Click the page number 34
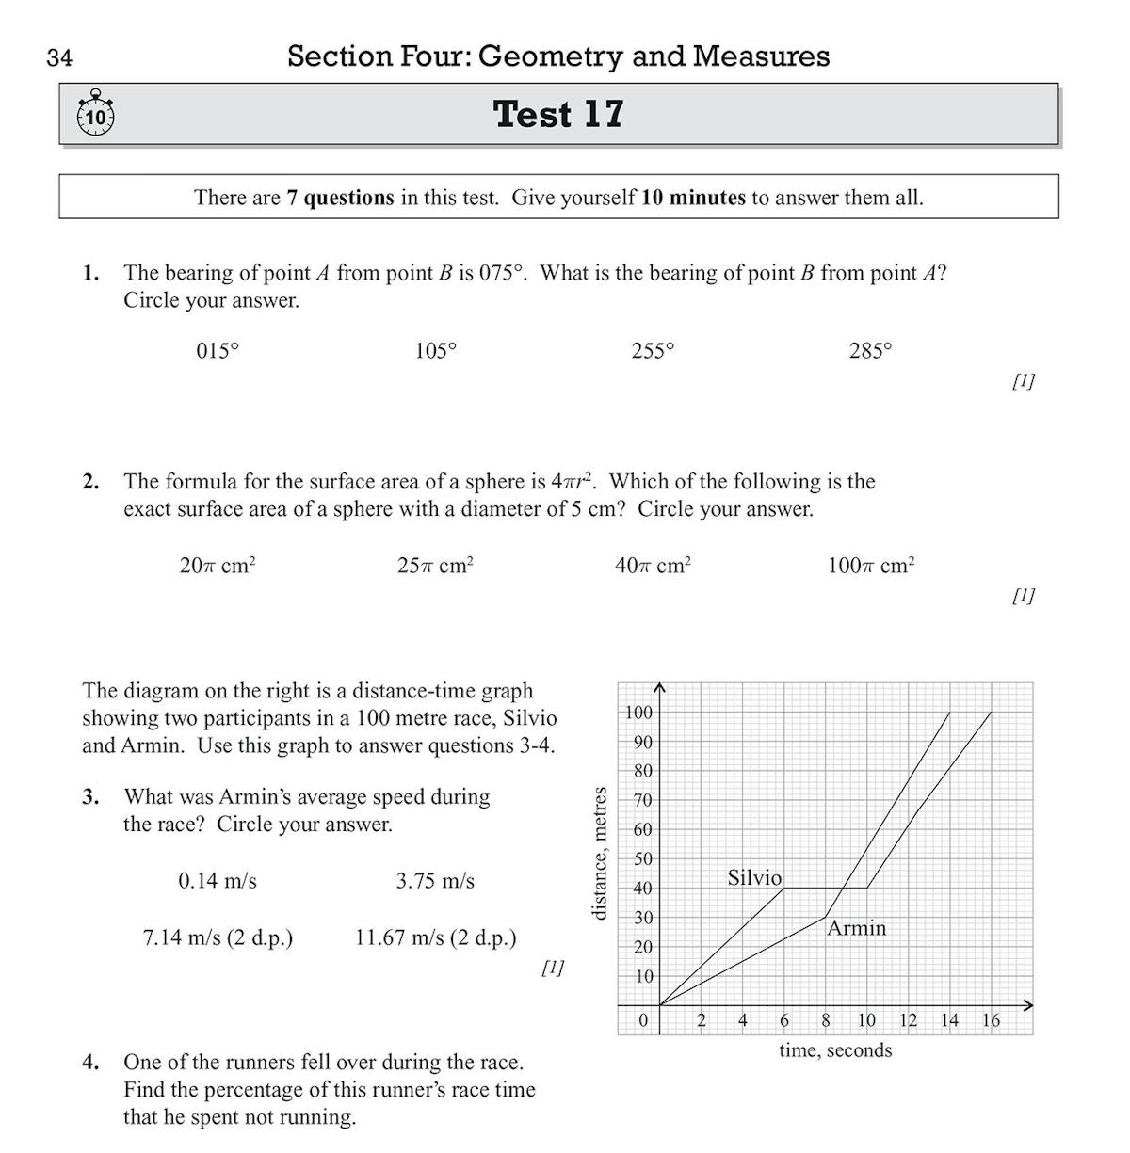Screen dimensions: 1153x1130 point(59,58)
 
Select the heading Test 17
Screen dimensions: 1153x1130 point(558,114)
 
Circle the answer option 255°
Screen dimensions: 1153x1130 point(653,351)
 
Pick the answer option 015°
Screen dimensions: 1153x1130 point(218,351)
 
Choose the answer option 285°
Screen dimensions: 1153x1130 point(870,351)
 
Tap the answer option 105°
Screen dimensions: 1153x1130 point(435,351)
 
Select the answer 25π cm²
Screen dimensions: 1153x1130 point(435,566)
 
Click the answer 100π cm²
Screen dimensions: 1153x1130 point(871,566)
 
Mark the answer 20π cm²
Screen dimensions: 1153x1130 point(218,566)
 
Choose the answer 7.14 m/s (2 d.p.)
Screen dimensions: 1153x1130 point(218,938)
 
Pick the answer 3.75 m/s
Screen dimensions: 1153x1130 point(435,881)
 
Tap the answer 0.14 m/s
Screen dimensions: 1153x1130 point(218,881)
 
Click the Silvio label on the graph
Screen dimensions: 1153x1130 point(754,877)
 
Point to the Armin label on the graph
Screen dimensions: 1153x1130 point(856,928)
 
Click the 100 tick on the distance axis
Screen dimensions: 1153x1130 point(638,712)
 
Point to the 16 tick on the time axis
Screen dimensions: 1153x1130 point(991,1020)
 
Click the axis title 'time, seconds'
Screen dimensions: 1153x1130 point(834,1050)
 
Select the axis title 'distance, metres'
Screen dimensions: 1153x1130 point(598,854)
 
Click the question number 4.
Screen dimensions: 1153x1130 point(90,1063)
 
